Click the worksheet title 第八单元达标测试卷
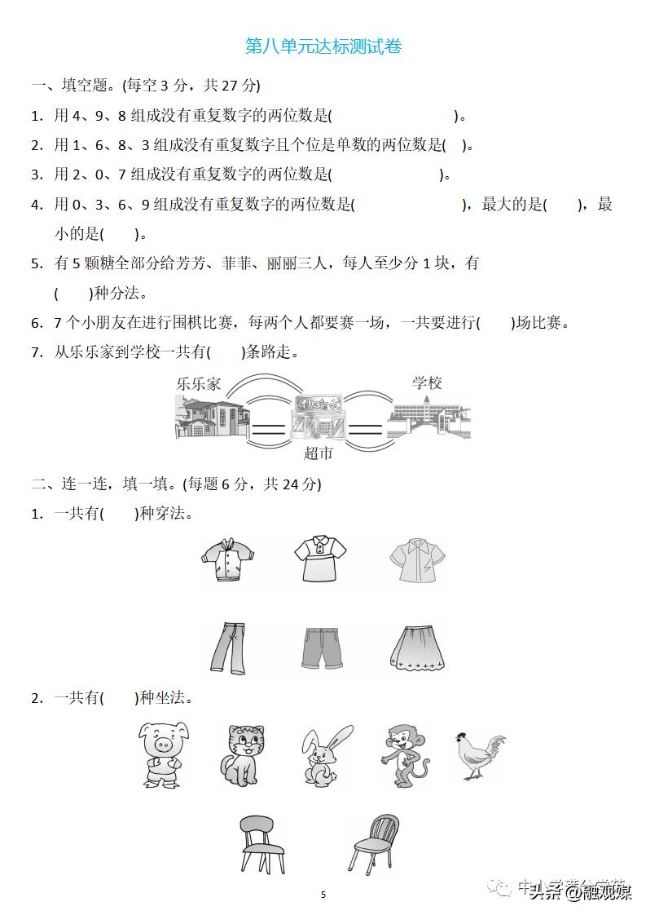coord(323,46)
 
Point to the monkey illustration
coord(403,754)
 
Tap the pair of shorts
coord(323,648)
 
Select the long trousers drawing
coord(225,648)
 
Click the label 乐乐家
coord(198,384)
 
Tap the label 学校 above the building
coord(426,382)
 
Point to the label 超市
coord(318,453)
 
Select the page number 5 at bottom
coord(323,894)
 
